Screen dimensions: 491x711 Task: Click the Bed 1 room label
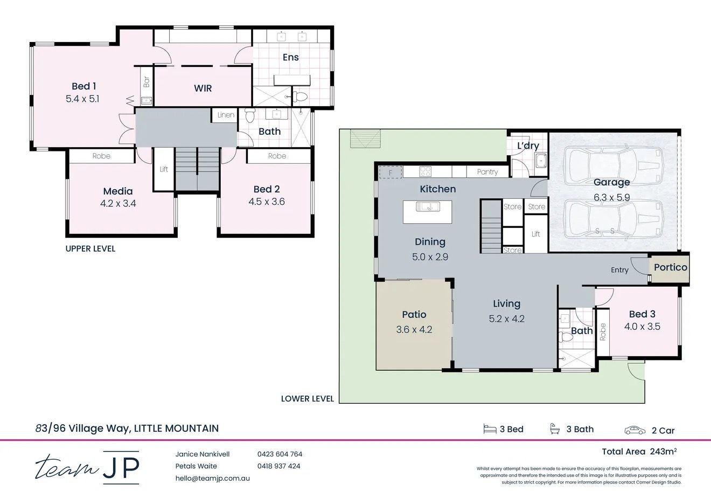coord(83,86)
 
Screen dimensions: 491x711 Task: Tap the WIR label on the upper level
coord(203,88)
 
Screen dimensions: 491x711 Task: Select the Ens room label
coord(290,57)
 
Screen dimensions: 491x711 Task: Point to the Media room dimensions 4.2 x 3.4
coord(118,204)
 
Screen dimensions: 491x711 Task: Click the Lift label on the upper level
coord(164,169)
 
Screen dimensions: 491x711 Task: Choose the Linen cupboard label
coord(226,115)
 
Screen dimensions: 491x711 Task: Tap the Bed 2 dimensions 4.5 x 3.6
coord(267,202)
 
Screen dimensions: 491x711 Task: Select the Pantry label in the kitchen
coord(487,172)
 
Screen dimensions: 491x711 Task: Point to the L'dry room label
coord(528,146)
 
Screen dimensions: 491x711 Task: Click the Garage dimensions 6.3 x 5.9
coord(611,198)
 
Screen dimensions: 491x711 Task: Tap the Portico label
coord(671,267)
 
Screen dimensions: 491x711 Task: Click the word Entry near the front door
coord(619,270)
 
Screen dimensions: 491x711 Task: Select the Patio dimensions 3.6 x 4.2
coord(414,329)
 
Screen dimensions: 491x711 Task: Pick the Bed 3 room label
coord(642,314)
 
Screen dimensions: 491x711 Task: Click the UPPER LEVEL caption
coord(90,248)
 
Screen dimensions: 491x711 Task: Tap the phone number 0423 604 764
coord(280,454)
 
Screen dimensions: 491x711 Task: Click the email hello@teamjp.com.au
coord(212,478)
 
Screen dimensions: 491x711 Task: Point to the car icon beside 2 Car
coord(635,430)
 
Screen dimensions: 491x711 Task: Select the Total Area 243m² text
coord(639,452)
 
